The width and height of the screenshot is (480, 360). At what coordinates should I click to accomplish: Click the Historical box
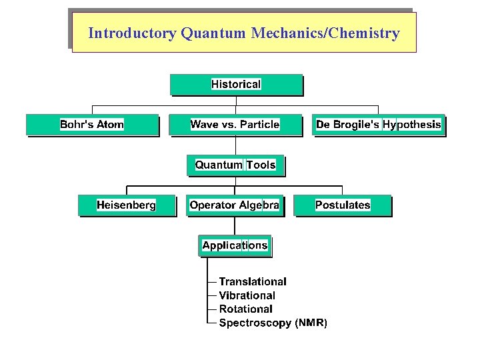point(236,85)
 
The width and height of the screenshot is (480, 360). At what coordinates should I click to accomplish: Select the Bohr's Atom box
point(92,125)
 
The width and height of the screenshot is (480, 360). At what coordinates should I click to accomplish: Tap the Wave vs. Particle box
point(235,125)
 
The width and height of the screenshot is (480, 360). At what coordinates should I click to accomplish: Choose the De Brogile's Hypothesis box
point(378,125)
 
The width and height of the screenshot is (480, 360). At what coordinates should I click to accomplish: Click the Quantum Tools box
point(235,165)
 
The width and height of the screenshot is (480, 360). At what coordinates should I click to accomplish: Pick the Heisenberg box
point(126,205)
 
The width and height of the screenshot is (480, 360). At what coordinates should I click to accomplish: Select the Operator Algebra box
point(235,205)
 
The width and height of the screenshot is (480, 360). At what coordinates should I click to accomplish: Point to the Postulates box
point(343,205)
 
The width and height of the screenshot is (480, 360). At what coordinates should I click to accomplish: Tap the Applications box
point(235,245)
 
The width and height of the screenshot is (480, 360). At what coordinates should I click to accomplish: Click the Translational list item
point(253,282)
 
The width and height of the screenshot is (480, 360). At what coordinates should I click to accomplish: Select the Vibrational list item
point(247,295)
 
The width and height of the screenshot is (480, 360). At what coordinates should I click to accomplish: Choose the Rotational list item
point(245,309)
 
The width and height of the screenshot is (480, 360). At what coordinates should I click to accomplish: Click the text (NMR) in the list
point(311,323)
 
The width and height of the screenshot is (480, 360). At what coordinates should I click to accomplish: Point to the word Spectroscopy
point(255,323)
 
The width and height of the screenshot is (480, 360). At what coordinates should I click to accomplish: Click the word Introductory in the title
point(131,33)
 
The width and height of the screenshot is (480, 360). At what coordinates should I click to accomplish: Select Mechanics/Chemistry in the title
point(325,33)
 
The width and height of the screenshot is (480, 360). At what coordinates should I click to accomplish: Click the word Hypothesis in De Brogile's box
point(411,125)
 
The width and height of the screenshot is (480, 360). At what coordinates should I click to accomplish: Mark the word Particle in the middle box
point(259,125)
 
